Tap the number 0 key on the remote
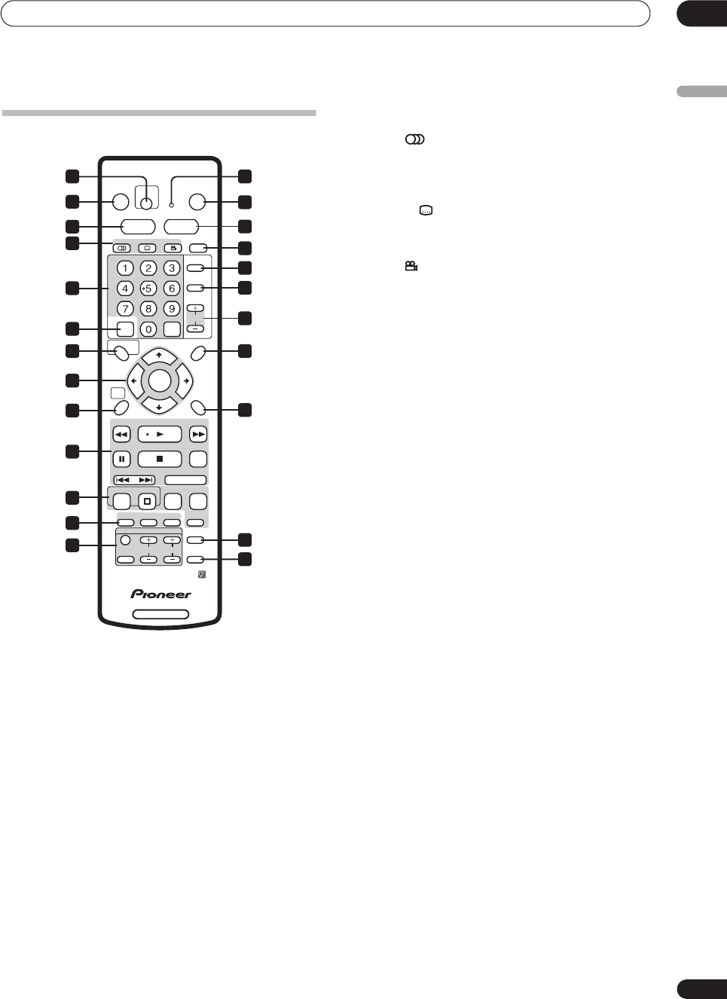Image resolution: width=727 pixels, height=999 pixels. click(148, 329)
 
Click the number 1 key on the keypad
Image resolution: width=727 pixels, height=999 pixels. click(125, 268)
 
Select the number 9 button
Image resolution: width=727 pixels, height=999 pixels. click(172, 309)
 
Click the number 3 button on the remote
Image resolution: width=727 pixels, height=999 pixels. click(172, 268)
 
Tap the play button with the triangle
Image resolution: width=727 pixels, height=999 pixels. click(160, 434)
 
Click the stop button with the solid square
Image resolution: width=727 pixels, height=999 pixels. click(160, 459)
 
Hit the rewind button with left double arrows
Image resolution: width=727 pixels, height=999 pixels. click(121, 434)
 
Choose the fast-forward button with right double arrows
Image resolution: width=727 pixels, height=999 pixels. click(198, 434)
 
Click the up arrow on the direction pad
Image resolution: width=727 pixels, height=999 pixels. click(159, 355)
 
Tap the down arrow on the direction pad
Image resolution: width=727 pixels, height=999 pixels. click(159, 407)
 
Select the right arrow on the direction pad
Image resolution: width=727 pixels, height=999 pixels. click(185, 381)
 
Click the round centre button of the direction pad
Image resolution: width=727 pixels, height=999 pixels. click(160, 380)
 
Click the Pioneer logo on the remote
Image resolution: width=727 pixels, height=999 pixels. click(160, 594)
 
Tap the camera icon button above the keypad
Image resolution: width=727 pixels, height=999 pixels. click(173, 248)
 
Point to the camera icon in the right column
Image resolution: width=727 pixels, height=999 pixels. click(411, 267)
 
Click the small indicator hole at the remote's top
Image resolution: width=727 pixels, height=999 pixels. click(171, 205)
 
